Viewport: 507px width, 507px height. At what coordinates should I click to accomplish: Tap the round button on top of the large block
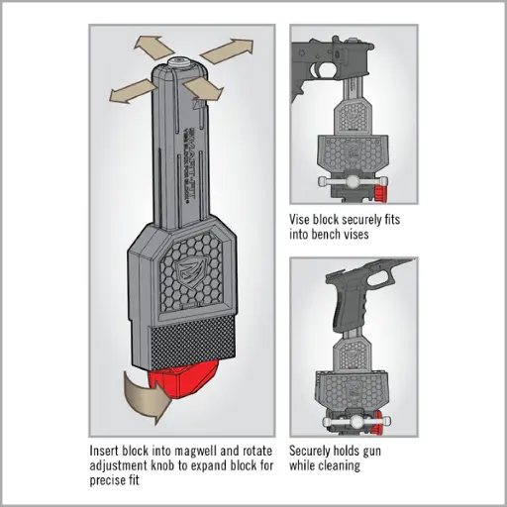point(180,63)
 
